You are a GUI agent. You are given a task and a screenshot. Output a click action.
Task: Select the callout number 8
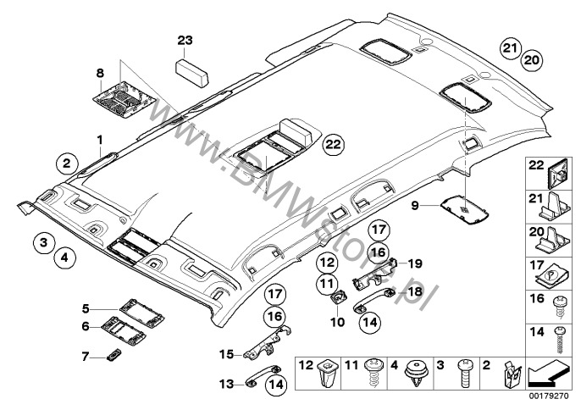point(100,74)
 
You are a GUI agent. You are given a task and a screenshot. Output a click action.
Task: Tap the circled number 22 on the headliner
point(334,145)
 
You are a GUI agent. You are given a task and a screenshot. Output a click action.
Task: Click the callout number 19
point(415,263)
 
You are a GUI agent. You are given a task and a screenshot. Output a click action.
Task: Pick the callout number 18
point(414,291)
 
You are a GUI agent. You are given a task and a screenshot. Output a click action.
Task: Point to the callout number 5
point(86,307)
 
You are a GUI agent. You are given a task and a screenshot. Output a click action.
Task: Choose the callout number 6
point(86,325)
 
